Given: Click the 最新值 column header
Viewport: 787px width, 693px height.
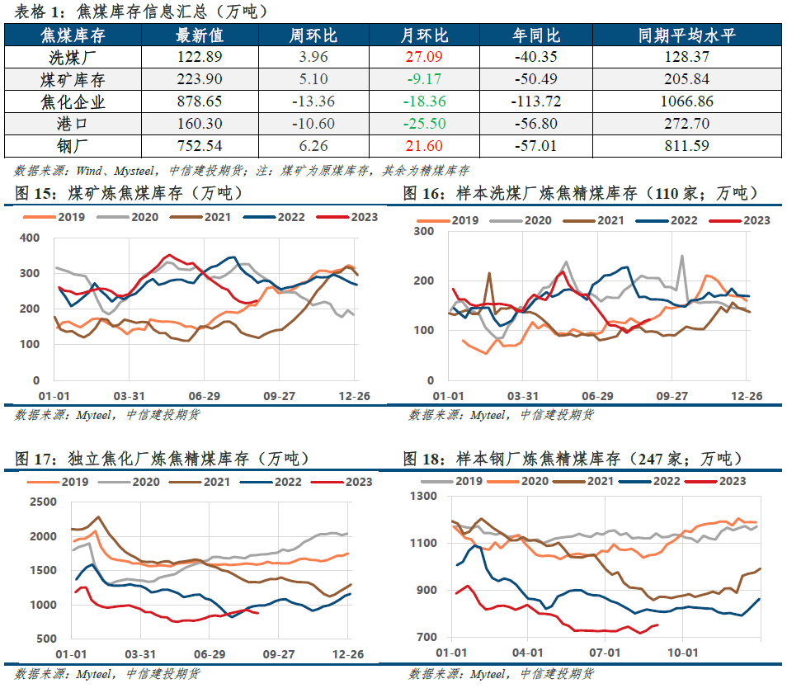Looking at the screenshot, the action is click(x=200, y=35).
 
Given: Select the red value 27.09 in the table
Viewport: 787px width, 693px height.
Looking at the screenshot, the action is click(x=424, y=57).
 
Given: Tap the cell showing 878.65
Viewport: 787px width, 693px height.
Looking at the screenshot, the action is click(x=200, y=101).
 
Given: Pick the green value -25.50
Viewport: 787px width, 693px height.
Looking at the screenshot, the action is click(x=424, y=124).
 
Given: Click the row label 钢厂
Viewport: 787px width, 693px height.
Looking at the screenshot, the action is click(x=73, y=146).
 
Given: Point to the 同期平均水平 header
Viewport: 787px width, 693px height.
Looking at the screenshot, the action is click(x=686, y=35).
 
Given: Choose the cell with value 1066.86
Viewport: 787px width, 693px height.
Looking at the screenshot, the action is click(x=686, y=101).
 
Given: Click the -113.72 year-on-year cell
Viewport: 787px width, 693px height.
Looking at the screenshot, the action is click(x=535, y=101).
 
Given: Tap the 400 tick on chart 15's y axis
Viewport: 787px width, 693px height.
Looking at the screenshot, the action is click(x=30, y=238).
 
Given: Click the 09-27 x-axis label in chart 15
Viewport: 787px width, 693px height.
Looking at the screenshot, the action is click(x=279, y=396).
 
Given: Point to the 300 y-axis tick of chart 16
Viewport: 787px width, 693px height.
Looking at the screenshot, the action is click(x=424, y=231).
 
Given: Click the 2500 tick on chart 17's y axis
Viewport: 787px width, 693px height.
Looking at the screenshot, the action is click(x=43, y=502).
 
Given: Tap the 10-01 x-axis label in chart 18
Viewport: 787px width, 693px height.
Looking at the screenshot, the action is click(x=682, y=653).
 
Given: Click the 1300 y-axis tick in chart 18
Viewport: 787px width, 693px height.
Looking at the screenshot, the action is click(x=424, y=497).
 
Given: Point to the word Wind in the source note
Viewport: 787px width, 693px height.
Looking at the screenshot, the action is click(x=89, y=171).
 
